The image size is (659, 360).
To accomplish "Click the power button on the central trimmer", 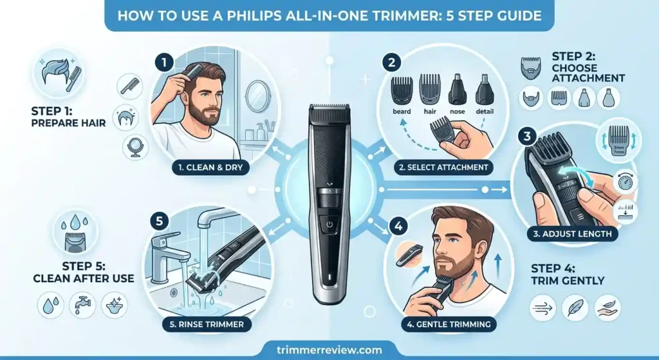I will click(x=329, y=225).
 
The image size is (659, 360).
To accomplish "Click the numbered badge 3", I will click(x=526, y=136).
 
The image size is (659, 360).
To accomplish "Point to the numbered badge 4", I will click(x=399, y=227).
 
